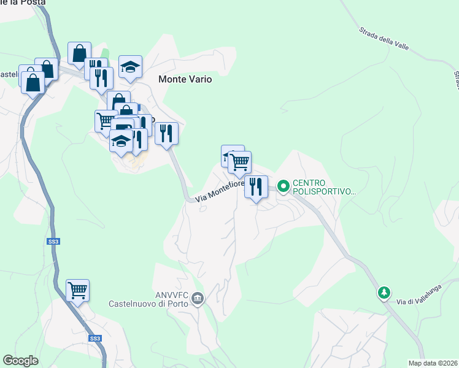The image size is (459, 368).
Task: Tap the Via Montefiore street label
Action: coord(220,191)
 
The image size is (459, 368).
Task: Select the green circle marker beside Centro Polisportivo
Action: coord(283,185)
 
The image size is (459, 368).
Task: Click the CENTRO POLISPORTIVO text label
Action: coord(323,187)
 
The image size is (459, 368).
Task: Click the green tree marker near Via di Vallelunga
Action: coord(384,293)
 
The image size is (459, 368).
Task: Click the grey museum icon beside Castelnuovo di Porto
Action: coord(198,299)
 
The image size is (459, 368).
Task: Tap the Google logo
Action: coord(21,361)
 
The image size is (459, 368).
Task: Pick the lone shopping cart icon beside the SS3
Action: coord(78,290)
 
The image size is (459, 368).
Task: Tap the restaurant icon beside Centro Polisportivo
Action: coord(256,186)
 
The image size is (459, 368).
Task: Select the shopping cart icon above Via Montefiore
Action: coord(239,162)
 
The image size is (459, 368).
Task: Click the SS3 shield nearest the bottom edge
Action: coord(94,338)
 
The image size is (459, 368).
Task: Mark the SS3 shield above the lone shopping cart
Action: coord(53,242)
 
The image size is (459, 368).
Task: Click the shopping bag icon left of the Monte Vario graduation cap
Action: coord(80,53)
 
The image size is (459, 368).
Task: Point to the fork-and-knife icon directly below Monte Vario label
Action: coord(166,133)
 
